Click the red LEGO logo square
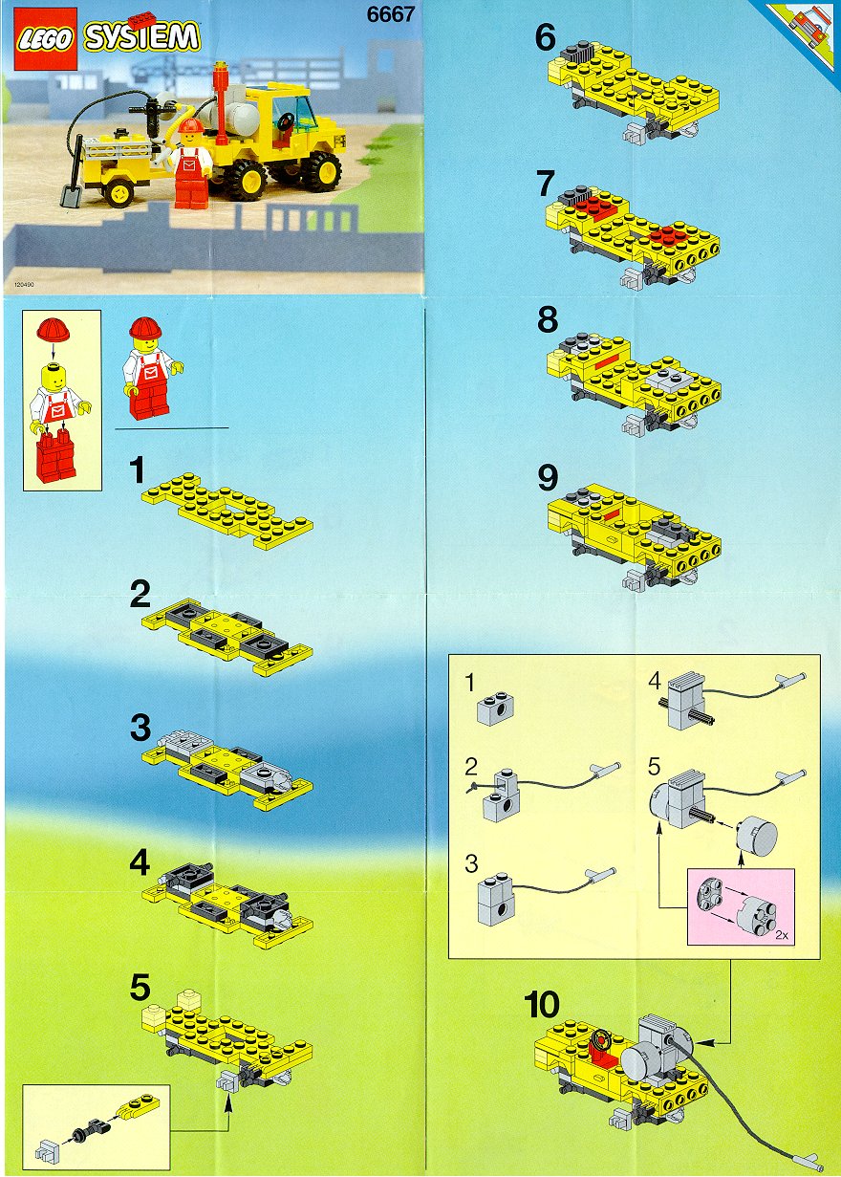coord(45,39)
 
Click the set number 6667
coord(390,14)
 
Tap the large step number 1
coord(137,469)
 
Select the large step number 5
coord(140,988)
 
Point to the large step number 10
coord(542,1005)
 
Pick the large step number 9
coord(548,478)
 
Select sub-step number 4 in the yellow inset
coord(654,682)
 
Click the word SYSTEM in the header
coord(141,37)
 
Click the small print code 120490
coord(25,284)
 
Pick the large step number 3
coord(140,728)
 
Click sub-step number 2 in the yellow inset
coord(470,767)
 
